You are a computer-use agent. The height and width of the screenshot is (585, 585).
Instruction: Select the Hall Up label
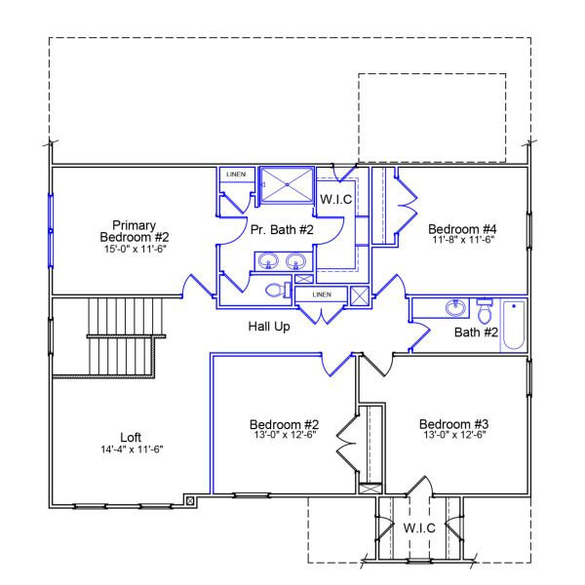pyautogui.click(x=268, y=327)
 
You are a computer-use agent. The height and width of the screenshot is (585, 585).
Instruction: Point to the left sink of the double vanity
pyautogui.click(x=267, y=260)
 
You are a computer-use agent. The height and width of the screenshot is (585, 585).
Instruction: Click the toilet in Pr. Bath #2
pyautogui.click(x=276, y=290)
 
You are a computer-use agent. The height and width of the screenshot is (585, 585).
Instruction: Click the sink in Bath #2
pyautogui.click(x=454, y=309)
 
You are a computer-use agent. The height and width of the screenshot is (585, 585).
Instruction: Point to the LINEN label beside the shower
pyautogui.click(x=236, y=175)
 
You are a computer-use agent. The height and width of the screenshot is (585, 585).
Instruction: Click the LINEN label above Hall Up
pyautogui.click(x=321, y=294)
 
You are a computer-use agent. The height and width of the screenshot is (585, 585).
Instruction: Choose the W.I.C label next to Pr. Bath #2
pyautogui.click(x=335, y=199)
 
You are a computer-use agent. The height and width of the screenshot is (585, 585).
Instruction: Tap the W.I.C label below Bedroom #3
pyautogui.click(x=419, y=527)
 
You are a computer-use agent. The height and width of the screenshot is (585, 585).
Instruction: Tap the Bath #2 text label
pyautogui.click(x=477, y=332)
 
